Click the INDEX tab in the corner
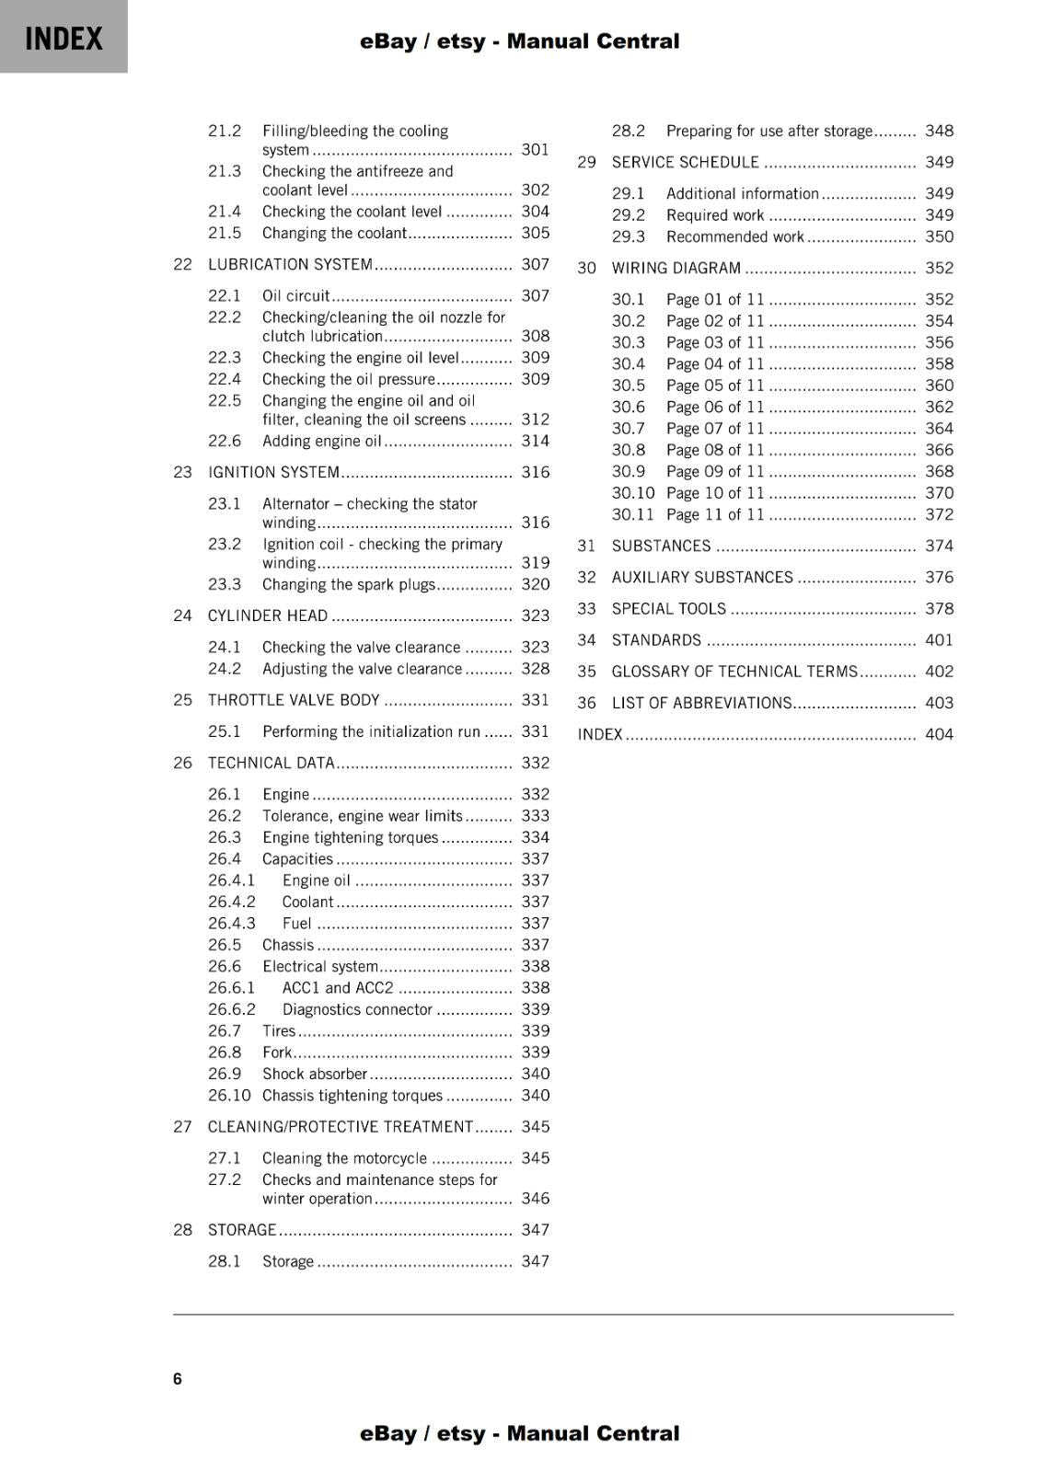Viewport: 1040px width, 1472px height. coord(64,38)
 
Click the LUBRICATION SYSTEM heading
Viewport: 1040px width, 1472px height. coord(290,265)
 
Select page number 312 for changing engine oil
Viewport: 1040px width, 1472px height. coord(535,420)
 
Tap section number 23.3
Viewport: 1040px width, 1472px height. coord(225,585)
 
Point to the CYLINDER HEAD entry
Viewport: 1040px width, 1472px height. coord(267,616)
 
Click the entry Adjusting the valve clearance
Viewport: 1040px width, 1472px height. coord(362,670)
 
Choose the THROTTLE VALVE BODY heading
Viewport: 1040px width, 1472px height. coord(294,701)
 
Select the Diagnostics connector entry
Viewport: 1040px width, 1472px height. coord(357,1010)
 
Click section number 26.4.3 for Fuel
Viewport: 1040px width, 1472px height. coord(231,924)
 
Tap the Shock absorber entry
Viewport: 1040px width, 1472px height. coord(314,1075)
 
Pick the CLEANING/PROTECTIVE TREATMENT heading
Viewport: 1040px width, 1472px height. coord(340,1127)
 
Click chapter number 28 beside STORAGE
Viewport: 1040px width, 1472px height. coord(182,1230)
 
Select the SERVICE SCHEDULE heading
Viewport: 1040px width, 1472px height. coord(685,163)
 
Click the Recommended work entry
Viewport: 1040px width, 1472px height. coord(734,237)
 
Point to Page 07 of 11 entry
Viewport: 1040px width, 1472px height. coord(715,429)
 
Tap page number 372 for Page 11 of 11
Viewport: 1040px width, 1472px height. coord(939,515)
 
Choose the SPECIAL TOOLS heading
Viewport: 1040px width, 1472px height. coord(668,609)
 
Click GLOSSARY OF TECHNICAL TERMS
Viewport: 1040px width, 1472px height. coord(734,672)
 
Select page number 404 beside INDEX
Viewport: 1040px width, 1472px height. coord(939,734)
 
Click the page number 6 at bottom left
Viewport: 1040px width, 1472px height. coord(178,1378)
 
